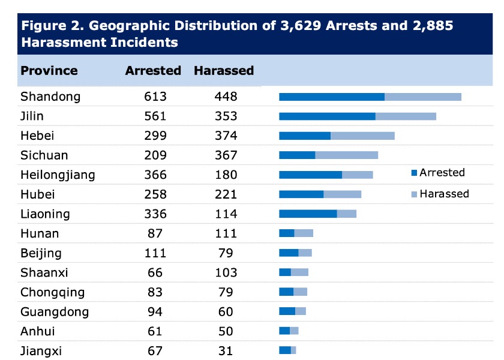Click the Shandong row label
coord(50,97)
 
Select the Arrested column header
coord(153,70)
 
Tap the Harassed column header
coord(224,70)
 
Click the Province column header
coord(49,70)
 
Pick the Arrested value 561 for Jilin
coord(155,116)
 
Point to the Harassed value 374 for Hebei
coord(226,136)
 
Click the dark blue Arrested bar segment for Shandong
coord(332,97)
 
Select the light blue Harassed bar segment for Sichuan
coord(346,155)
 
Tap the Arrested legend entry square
coord(413,173)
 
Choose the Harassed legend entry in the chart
coord(443,194)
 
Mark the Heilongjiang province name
coord(58,175)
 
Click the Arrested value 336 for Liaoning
coord(155,214)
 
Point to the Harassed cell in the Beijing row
coord(226,253)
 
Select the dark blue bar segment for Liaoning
coord(308,214)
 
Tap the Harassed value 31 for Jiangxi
coord(226,351)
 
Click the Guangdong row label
coord(55,312)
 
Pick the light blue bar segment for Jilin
coord(406,116)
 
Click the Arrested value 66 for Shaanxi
coord(155,273)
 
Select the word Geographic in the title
coord(119,26)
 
